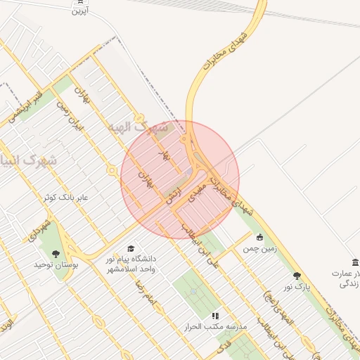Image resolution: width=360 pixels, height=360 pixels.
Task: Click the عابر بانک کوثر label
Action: [x=65, y=198]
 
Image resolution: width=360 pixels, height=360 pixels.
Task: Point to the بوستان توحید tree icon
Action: [x=56, y=254]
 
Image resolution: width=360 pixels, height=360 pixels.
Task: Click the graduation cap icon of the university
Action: [x=130, y=248]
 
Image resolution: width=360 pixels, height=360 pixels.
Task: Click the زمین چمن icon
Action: [x=260, y=237]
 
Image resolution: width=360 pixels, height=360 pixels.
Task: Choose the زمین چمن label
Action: [x=260, y=249]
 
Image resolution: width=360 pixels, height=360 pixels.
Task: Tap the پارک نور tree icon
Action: [x=297, y=276]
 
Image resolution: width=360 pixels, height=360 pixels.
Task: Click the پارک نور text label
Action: [x=297, y=287]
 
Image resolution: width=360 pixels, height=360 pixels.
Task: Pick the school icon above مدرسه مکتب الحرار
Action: [x=215, y=316]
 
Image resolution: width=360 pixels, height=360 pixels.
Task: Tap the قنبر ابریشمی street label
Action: [x=28, y=103]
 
